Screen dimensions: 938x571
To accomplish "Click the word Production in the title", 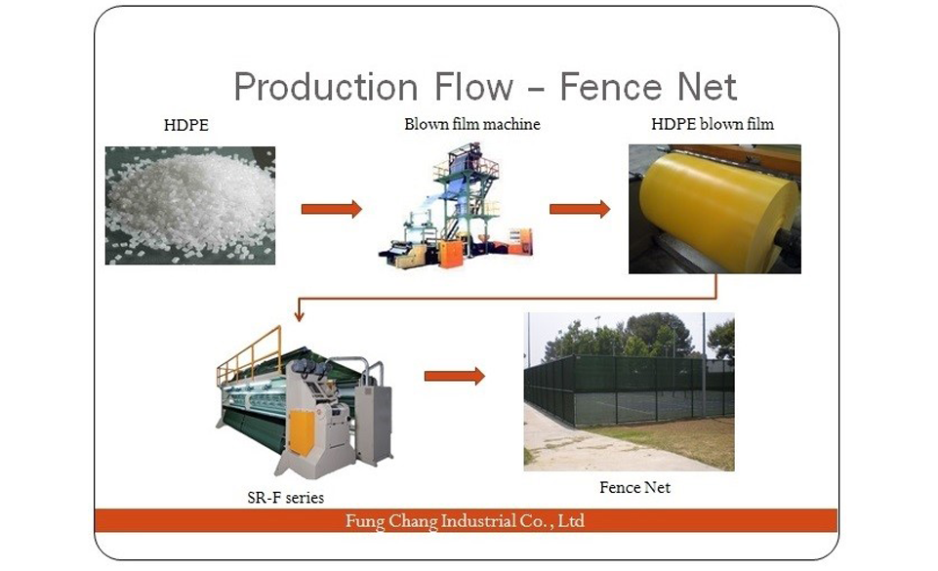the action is coord(325,87).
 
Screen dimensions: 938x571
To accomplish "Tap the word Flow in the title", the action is coord(473,87).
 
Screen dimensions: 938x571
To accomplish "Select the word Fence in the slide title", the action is coord(611,87).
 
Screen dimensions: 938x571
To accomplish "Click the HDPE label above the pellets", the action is coord(186,125).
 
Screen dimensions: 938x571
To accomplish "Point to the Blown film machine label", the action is coord(472,124).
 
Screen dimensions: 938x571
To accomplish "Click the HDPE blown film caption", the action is coord(713,124).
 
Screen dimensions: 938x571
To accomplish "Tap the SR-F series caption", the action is coord(285,498).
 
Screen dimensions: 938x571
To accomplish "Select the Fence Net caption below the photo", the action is coord(634,487).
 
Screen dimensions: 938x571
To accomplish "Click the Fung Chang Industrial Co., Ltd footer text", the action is coord(465,521).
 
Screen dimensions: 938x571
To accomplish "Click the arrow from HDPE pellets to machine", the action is coord(332,209).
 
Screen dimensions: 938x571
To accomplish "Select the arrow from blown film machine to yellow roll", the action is coord(580,209).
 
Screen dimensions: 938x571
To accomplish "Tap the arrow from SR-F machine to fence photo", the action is coord(455,376).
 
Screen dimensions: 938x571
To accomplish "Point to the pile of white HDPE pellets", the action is coord(190,205).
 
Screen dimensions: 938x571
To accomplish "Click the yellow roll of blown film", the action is coord(717,205).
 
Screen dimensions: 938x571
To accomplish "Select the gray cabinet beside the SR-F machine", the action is coord(374,424).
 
